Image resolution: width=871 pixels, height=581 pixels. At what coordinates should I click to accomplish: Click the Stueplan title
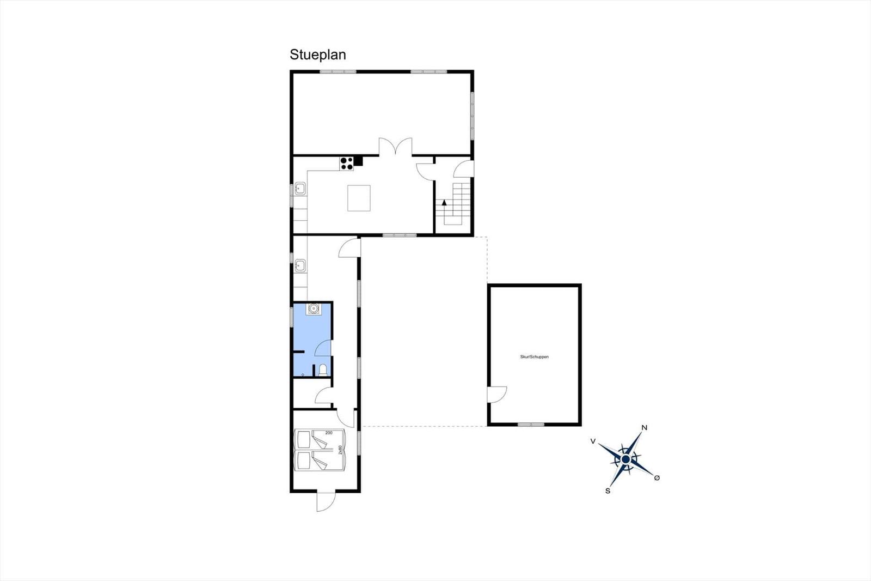tap(318, 55)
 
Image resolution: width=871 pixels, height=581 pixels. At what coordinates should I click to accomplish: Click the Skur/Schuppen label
tap(534, 356)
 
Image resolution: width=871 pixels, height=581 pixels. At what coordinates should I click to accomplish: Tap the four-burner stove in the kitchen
tap(346, 163)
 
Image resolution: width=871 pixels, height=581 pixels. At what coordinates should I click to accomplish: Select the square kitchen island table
tap(359, 198)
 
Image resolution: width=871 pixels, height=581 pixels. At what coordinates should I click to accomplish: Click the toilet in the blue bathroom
tap(323, 370)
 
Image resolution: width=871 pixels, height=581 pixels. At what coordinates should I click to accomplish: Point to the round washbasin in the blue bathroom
tap(313, 309)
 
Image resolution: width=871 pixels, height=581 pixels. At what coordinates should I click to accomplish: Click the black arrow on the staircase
tap(444, 203)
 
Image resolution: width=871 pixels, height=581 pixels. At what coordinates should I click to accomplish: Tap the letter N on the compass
tap(645, 427)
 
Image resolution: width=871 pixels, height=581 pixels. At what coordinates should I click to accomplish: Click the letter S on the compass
tap(608, 491)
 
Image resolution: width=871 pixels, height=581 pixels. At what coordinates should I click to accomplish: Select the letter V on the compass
tap(593, 441)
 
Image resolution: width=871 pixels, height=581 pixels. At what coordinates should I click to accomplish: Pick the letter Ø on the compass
tap(657, 478)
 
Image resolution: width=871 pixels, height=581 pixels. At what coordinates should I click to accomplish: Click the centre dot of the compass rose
tap(625, 460)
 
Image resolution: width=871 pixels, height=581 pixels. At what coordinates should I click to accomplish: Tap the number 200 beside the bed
tap(329, 433)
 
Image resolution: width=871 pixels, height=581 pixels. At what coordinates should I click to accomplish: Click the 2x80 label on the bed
tap(341, 450)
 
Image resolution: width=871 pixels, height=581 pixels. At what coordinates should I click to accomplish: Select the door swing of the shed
tap(498, 395)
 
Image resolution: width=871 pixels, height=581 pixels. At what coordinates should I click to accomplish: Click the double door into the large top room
tap(395, 147)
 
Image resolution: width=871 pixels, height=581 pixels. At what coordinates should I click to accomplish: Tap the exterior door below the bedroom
tap(326, 502)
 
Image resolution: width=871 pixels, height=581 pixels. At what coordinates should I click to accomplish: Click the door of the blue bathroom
tap(323, 348)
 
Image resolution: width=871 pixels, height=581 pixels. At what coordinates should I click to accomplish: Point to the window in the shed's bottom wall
tap(531, 425)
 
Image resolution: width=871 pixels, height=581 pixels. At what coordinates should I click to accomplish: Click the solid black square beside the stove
tap(358, 161)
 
